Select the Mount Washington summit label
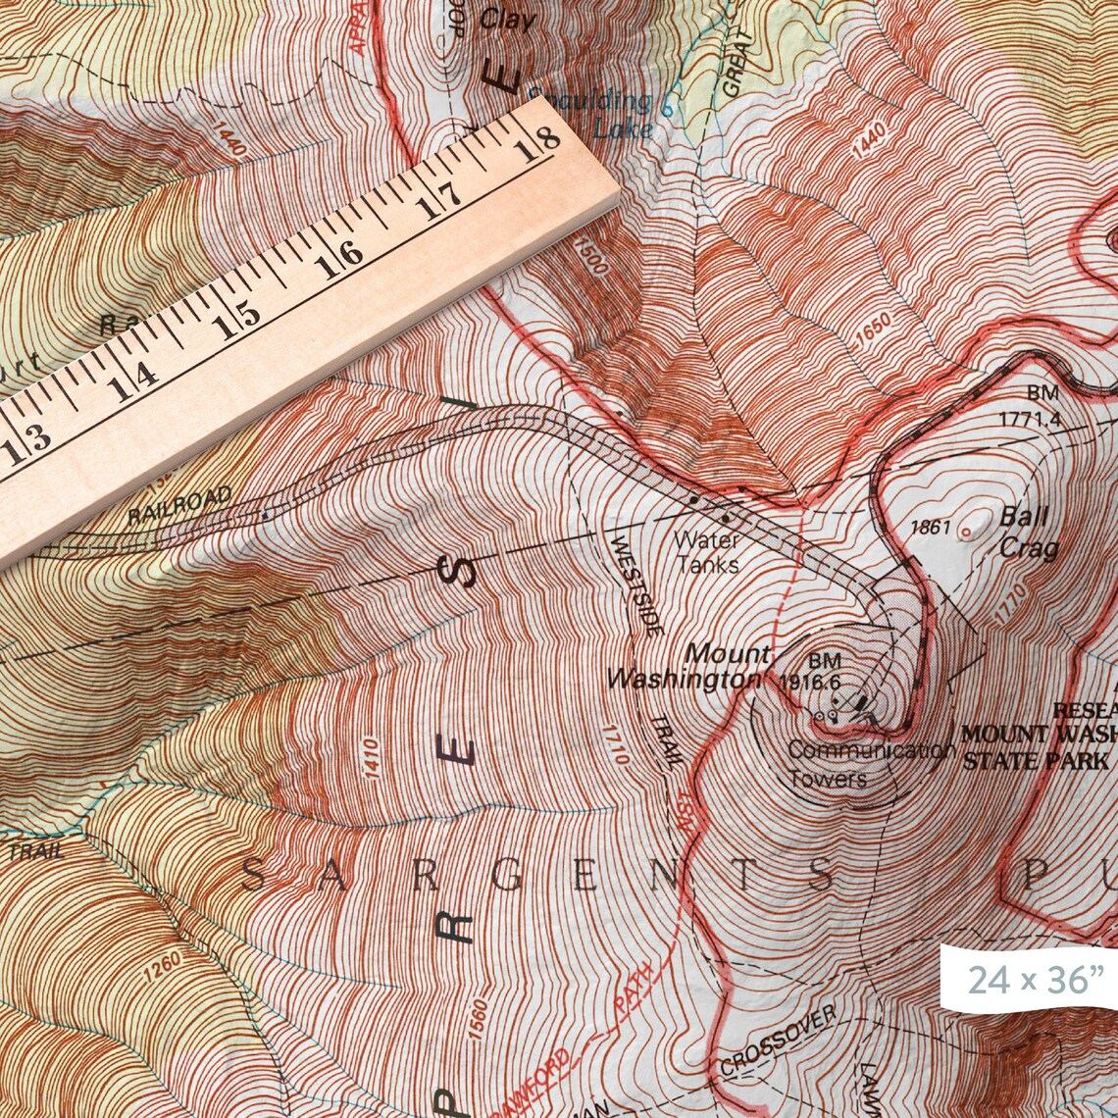686,666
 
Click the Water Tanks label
707,552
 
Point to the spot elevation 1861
931,528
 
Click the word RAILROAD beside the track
179,505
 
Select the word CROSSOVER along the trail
777,1040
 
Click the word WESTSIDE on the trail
636,584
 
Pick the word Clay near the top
508,19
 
